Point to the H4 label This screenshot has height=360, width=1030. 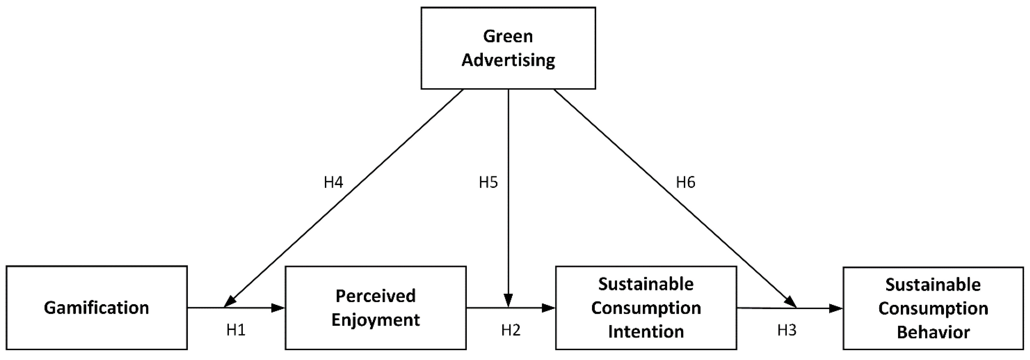click(333, 182)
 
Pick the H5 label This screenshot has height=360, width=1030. click(488, 182)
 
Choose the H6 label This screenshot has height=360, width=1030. click(685, 182)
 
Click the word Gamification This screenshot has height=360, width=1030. click(96, 308)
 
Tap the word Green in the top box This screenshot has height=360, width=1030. click(508, 36)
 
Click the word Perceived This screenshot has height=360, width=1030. click(375, 296)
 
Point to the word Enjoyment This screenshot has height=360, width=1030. click(375, 320)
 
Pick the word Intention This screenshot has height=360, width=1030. click(646, 332)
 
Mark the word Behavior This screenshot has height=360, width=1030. click(933, 332)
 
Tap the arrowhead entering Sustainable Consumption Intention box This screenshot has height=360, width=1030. click(549, 308)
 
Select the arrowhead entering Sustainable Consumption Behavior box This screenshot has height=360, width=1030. click(836, 308)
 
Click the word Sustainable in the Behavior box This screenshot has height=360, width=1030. click(933, 285)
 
